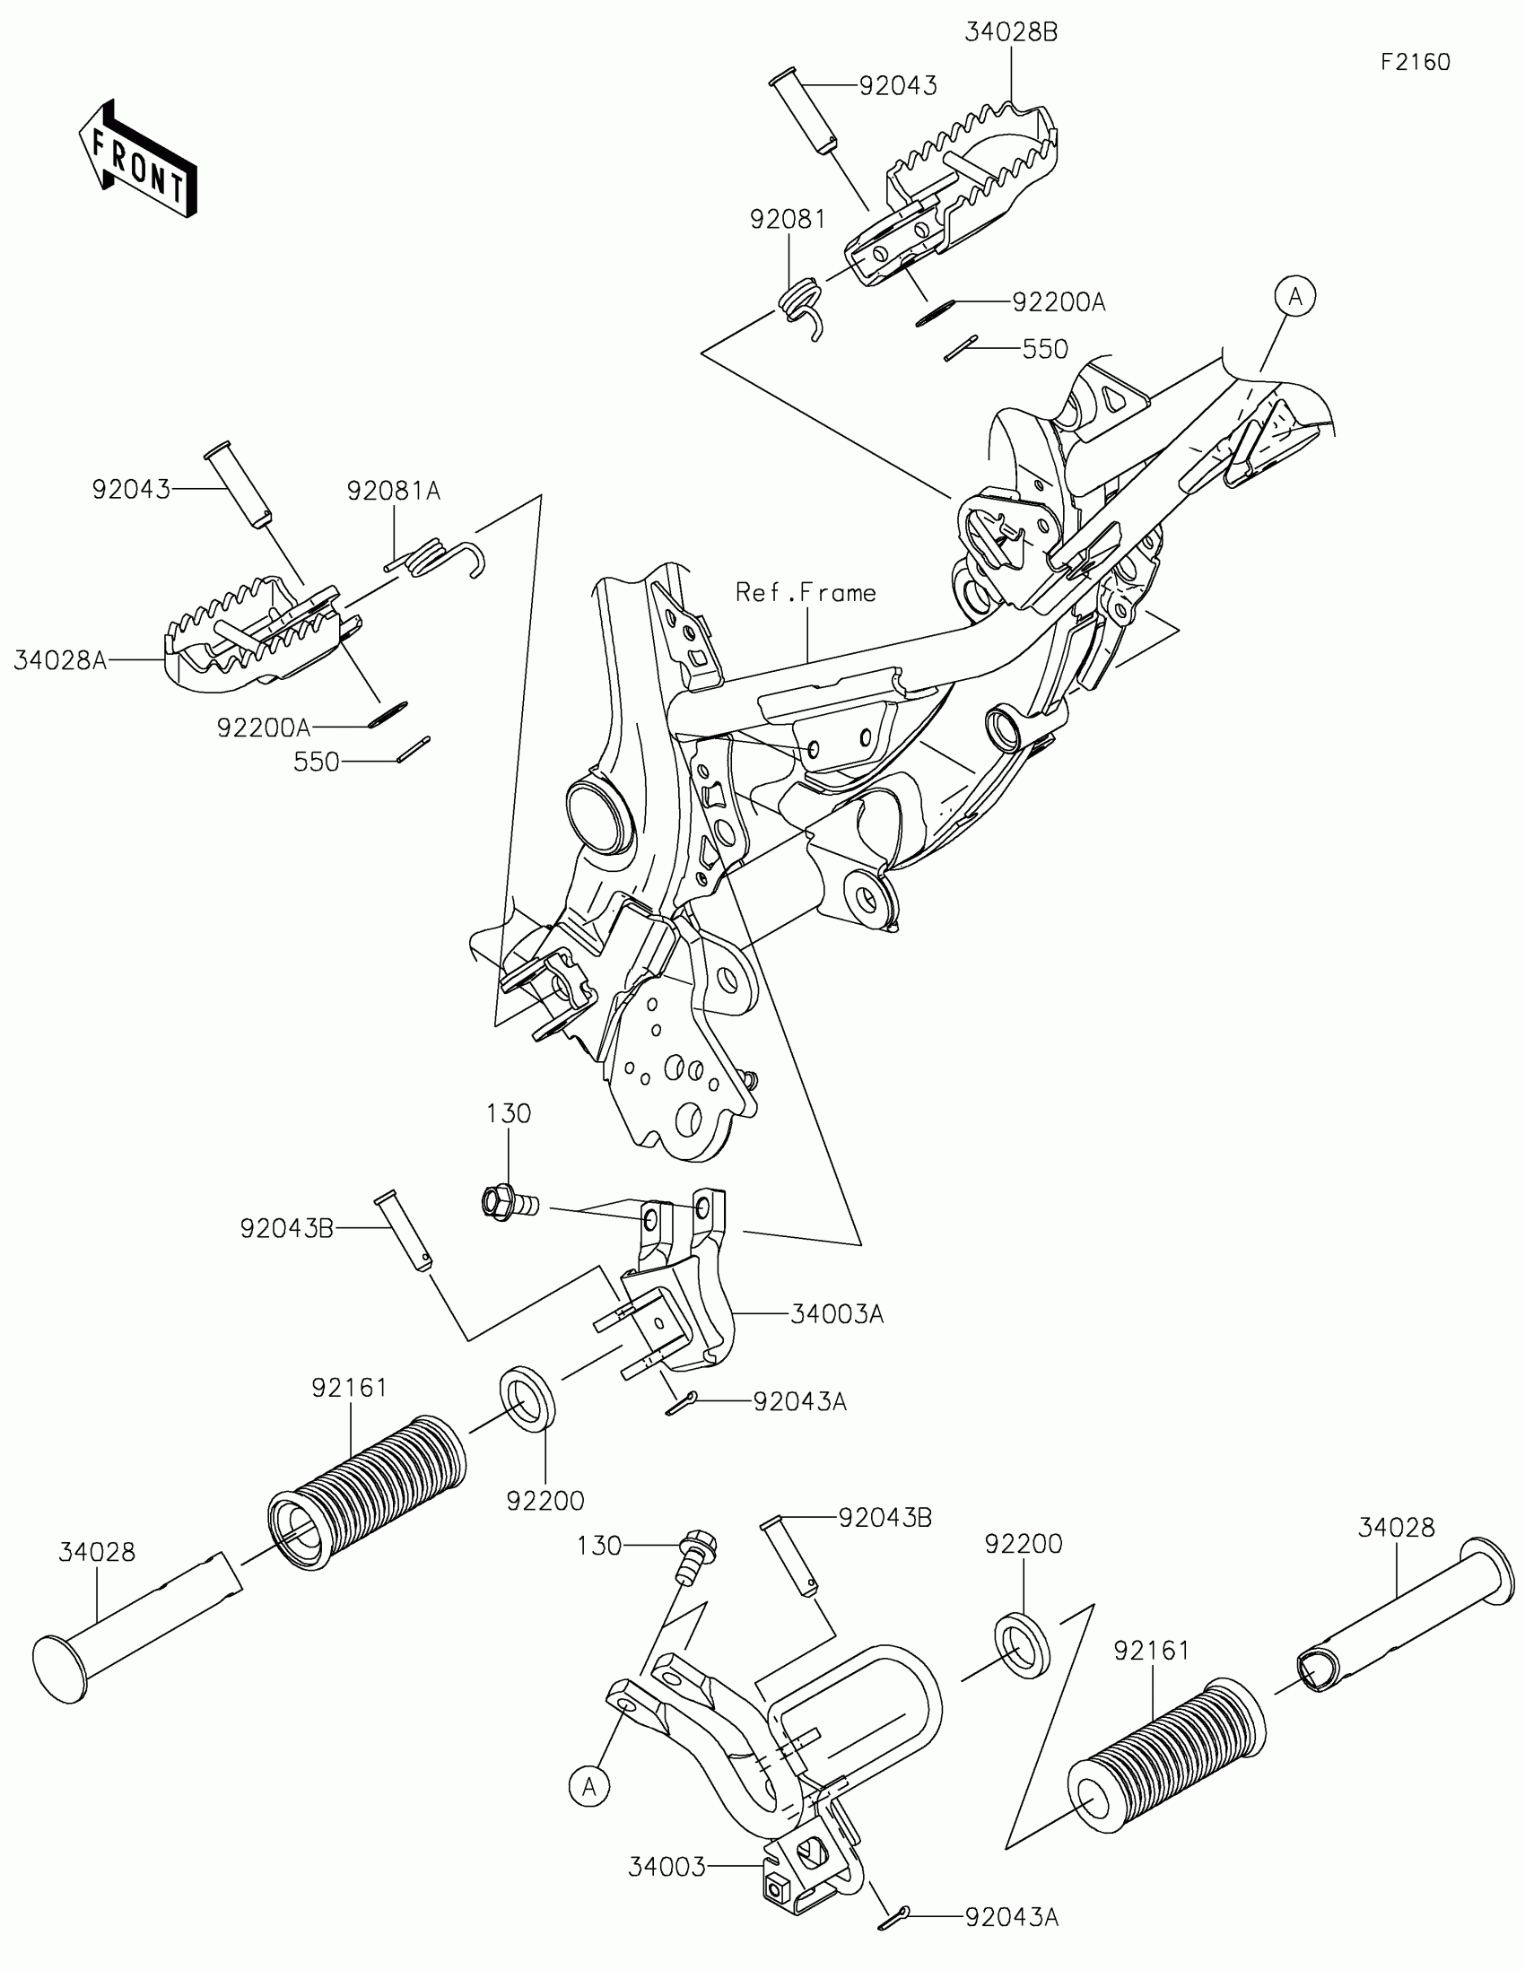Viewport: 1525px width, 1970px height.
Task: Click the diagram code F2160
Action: (x=1415, y=62)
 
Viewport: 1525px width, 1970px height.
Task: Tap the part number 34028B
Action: (x=1011, y=32)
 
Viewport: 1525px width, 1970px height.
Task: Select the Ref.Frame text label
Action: (x=806, y=593)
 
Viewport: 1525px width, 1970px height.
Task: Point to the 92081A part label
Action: (x=394, y=491)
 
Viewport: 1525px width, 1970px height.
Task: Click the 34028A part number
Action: (x=60, y=661)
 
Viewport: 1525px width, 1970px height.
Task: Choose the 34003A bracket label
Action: (x=837, y=1314)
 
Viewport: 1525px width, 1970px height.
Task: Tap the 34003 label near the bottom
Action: (x=667, y=1866)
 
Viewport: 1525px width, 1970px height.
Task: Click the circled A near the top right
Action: (x=1295, y=296)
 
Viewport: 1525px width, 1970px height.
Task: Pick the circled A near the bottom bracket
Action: (x=588, y=1786)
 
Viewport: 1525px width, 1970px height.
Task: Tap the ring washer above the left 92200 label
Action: (x=527, y=1399)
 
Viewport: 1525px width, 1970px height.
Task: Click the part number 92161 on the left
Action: (x=349, y=1387)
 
